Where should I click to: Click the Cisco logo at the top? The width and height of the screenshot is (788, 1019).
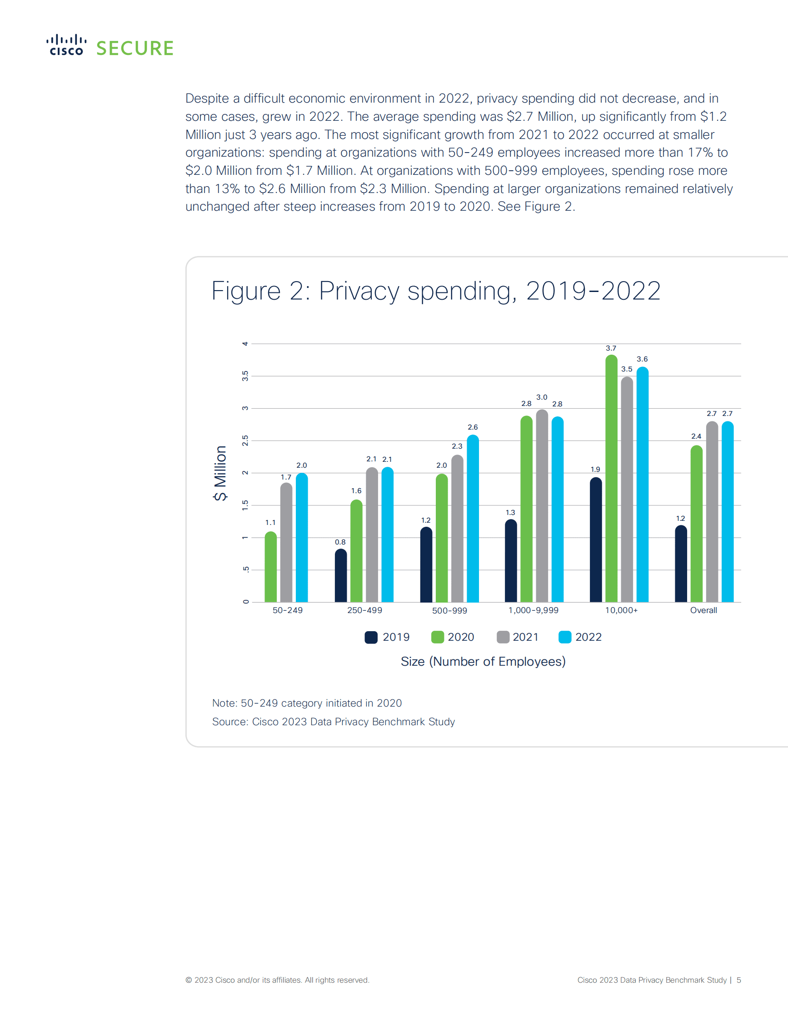pos(66,45)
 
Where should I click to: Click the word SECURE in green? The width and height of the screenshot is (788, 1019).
pos(135,49)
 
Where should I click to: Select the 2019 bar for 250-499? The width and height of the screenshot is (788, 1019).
pos(341,576)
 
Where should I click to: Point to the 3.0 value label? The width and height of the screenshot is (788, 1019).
pos(542,397)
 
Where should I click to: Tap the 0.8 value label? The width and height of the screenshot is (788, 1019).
pos(340,542)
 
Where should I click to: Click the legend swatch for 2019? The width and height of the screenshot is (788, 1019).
pos(371,638)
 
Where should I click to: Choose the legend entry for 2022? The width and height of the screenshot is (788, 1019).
pos(580,638)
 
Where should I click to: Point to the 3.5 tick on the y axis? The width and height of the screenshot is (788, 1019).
pos(245,376)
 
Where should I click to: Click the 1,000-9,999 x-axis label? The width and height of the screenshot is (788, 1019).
pos(533,610)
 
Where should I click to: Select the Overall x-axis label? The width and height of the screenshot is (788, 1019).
pos(703,610)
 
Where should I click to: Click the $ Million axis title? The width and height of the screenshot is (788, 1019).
pos(220,473)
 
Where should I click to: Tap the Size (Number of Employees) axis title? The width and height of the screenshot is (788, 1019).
pos(483,662)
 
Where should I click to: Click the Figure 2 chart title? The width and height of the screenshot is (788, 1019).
pos(435,291)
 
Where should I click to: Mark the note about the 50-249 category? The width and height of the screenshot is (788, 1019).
pos(307,703)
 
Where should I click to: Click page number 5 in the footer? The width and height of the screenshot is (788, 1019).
pos(738,980)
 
